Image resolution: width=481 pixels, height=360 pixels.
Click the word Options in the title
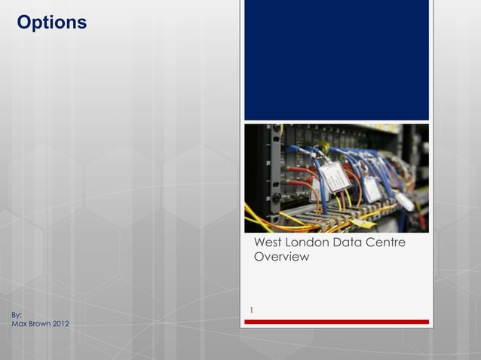51,23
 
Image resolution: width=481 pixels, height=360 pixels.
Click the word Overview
281,258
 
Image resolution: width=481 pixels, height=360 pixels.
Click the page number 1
252,310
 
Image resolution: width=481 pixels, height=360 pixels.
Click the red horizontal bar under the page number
336,322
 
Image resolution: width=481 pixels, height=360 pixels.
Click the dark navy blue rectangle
336,60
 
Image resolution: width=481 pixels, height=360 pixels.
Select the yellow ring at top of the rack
280,130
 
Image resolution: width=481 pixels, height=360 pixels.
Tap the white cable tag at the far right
405,202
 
